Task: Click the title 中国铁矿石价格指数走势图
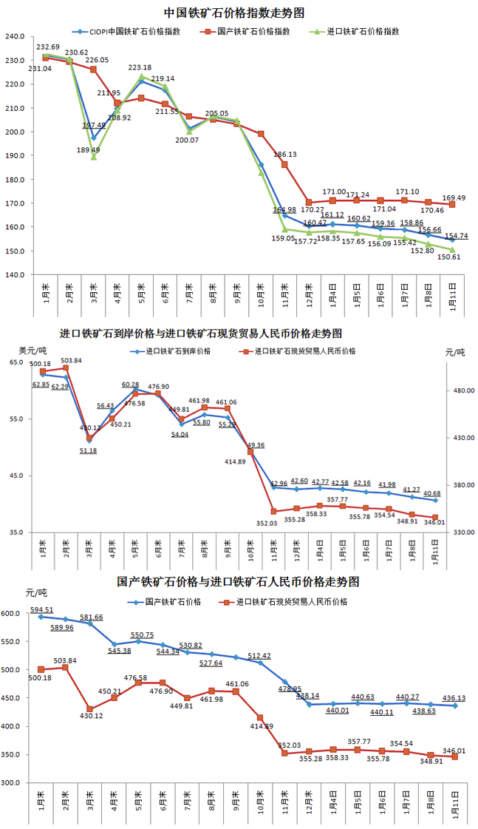(x=235, y=13)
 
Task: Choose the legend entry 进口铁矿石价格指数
(x=363, y=32)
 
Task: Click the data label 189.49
(x=89, y=149)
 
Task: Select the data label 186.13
(x=285, y=155)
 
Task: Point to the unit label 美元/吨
(x=32, y=350)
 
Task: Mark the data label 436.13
(x=454, y=697)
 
